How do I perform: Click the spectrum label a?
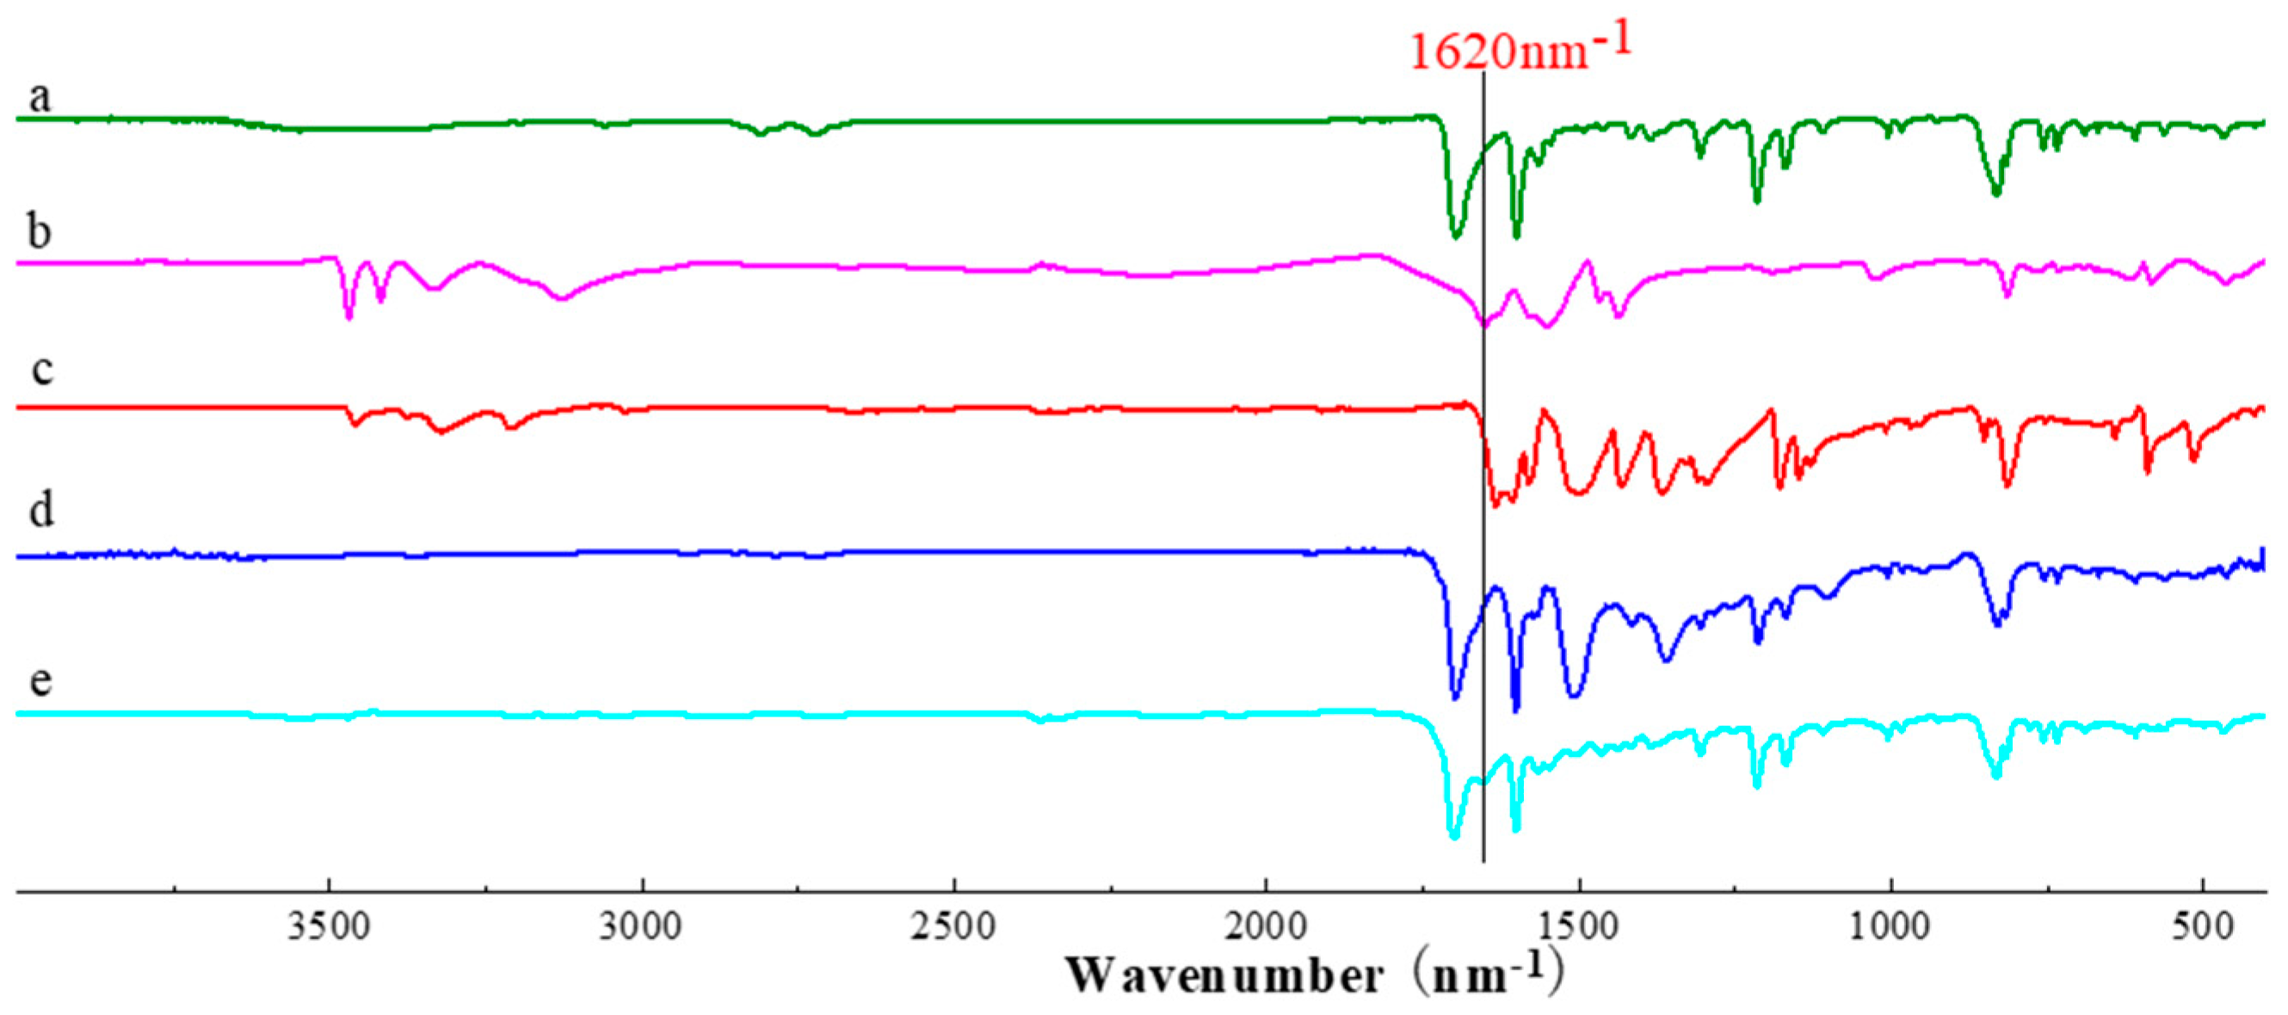(x=39, y=95)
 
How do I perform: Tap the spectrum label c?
(x=42, y=368)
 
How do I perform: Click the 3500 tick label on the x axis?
(x=328, y=926)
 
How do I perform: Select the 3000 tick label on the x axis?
(x=640, y=926)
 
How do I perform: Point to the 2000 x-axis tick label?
(x=1266, y=926)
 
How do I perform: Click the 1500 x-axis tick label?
(x=1578, y=926)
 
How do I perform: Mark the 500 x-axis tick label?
(x=2204, y=926)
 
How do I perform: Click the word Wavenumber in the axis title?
(x=1224, y=976)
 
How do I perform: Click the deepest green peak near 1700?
(x=1455, y=237)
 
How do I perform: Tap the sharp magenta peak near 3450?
(x=348, y=317)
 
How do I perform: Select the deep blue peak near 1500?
(x=1574, y=694)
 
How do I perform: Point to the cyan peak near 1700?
(x=1454, y=835)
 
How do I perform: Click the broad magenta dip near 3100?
(x=560, y=299)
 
